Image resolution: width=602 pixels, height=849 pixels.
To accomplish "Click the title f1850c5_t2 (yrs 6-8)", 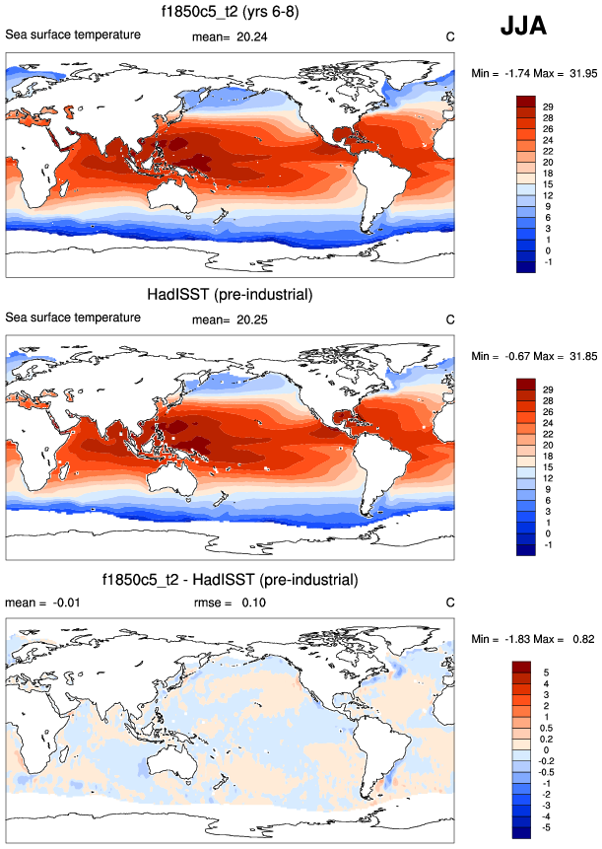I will [x=230, y=13].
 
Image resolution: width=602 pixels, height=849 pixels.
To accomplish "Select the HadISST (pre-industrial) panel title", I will [x=230, y=295].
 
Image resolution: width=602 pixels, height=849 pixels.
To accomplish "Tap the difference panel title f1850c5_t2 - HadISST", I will [x=230, y=578].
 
